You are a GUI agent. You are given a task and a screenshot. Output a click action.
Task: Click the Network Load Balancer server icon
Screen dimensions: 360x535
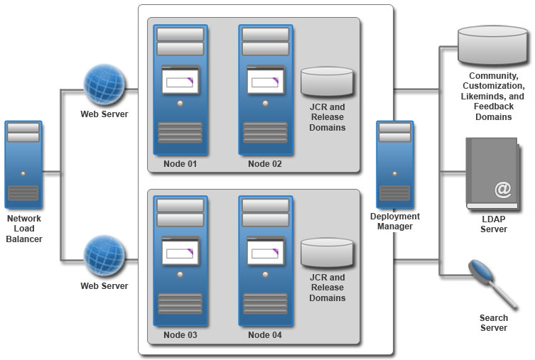pyautogui.click(x=23, y=162)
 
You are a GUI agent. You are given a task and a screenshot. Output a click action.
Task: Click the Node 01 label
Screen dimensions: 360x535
pyautogui.click(x=180, y=164)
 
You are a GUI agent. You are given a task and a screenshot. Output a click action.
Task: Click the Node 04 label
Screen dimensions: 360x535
pyautogui.click(x=265, y=334)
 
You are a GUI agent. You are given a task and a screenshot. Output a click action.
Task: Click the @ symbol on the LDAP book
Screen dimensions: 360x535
pyautogui.click(x=503, y=190)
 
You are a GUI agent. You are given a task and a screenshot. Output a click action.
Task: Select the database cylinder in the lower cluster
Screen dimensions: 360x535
pyautogui.click(x=327, y=253)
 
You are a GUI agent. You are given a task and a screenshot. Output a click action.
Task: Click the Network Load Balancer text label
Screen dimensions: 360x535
pyautogui.click(x=24, y=229)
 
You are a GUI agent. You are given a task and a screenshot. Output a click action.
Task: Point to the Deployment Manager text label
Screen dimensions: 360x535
pyautogui.click(x=395, y=222)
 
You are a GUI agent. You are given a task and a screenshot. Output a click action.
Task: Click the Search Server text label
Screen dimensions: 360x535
pyautogui.click(x=494, y=323)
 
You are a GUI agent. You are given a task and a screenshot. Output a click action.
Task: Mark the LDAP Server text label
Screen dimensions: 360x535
pyautogui.click(x=494, y=224)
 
